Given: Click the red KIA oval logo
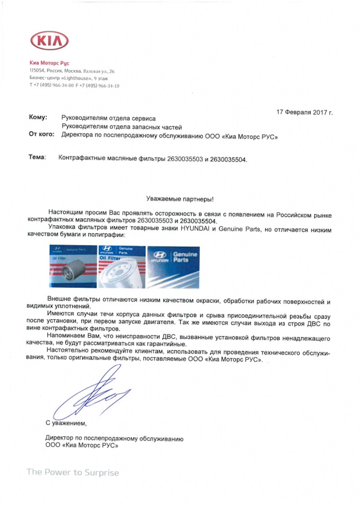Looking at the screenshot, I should coord(50,40).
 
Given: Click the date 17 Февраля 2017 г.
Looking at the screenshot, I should coord(304,112).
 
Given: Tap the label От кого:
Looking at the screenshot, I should coord(42,135).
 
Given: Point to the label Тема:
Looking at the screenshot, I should coord(38,157).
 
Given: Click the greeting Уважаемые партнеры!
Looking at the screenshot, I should coord(180,199).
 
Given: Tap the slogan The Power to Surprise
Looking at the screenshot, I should coord(73,472).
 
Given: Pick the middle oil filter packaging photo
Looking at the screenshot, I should coord(121,265).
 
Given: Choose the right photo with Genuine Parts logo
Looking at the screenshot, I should coord(172,265).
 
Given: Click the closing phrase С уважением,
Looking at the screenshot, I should coord(65,423).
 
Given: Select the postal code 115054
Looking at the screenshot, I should coord(37,71).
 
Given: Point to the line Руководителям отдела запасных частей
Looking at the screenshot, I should coord(122,127).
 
